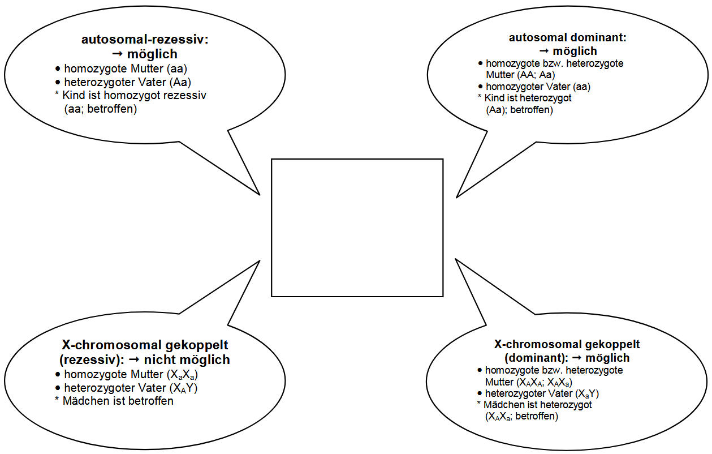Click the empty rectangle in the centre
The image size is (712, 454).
[357, 228]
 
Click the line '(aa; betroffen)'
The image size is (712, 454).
[101, 109]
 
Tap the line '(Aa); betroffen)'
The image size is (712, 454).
[519, 110]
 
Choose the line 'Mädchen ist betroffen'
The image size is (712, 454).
[118, 401]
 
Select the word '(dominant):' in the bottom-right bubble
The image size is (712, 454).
[536, 358]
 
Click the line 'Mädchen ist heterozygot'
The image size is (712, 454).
[537, 405]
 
